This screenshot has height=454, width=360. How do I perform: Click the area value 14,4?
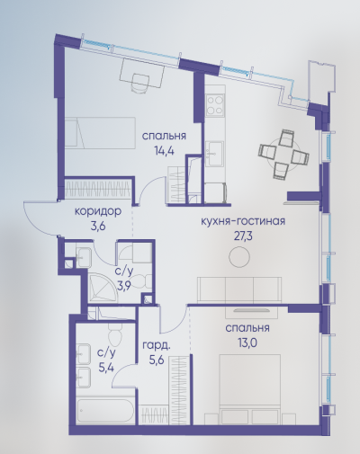pos(164,150)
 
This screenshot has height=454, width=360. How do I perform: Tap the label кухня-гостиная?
pos(243,221)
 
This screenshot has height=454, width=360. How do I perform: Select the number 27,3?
pos(243,236)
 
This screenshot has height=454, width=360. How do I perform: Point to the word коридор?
pos(98,211)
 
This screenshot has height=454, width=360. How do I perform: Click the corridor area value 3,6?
pos(98,227)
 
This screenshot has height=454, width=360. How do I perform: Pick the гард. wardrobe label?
pos(157,345)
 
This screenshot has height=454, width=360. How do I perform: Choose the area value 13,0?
pos(247,343)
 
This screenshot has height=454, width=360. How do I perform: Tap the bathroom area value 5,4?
pos(106,368)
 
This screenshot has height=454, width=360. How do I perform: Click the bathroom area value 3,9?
pos(125,287)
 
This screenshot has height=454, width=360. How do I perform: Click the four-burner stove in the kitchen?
pos(215,104)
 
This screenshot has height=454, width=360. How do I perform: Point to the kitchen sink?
pos(215,154)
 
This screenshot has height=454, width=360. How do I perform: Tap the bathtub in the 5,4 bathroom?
pos(104,410)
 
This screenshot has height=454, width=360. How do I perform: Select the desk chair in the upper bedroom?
pos(140,83)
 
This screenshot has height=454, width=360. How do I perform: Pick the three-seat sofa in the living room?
pos(239,290)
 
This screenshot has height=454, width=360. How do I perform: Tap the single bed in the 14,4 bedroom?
pos(100,132)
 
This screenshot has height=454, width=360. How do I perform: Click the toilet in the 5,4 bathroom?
pos(115,335)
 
